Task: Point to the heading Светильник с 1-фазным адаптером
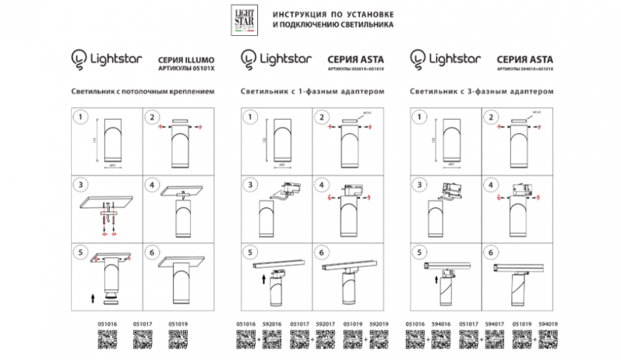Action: pos(314,91)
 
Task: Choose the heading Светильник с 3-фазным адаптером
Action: pos(481,91)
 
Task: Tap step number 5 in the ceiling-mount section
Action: pos(78,253)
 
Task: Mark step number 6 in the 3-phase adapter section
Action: pos(490,253)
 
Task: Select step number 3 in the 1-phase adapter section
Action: pos(249,185)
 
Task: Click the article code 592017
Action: pos(327,322)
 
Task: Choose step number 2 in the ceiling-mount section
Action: pos(150,118)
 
